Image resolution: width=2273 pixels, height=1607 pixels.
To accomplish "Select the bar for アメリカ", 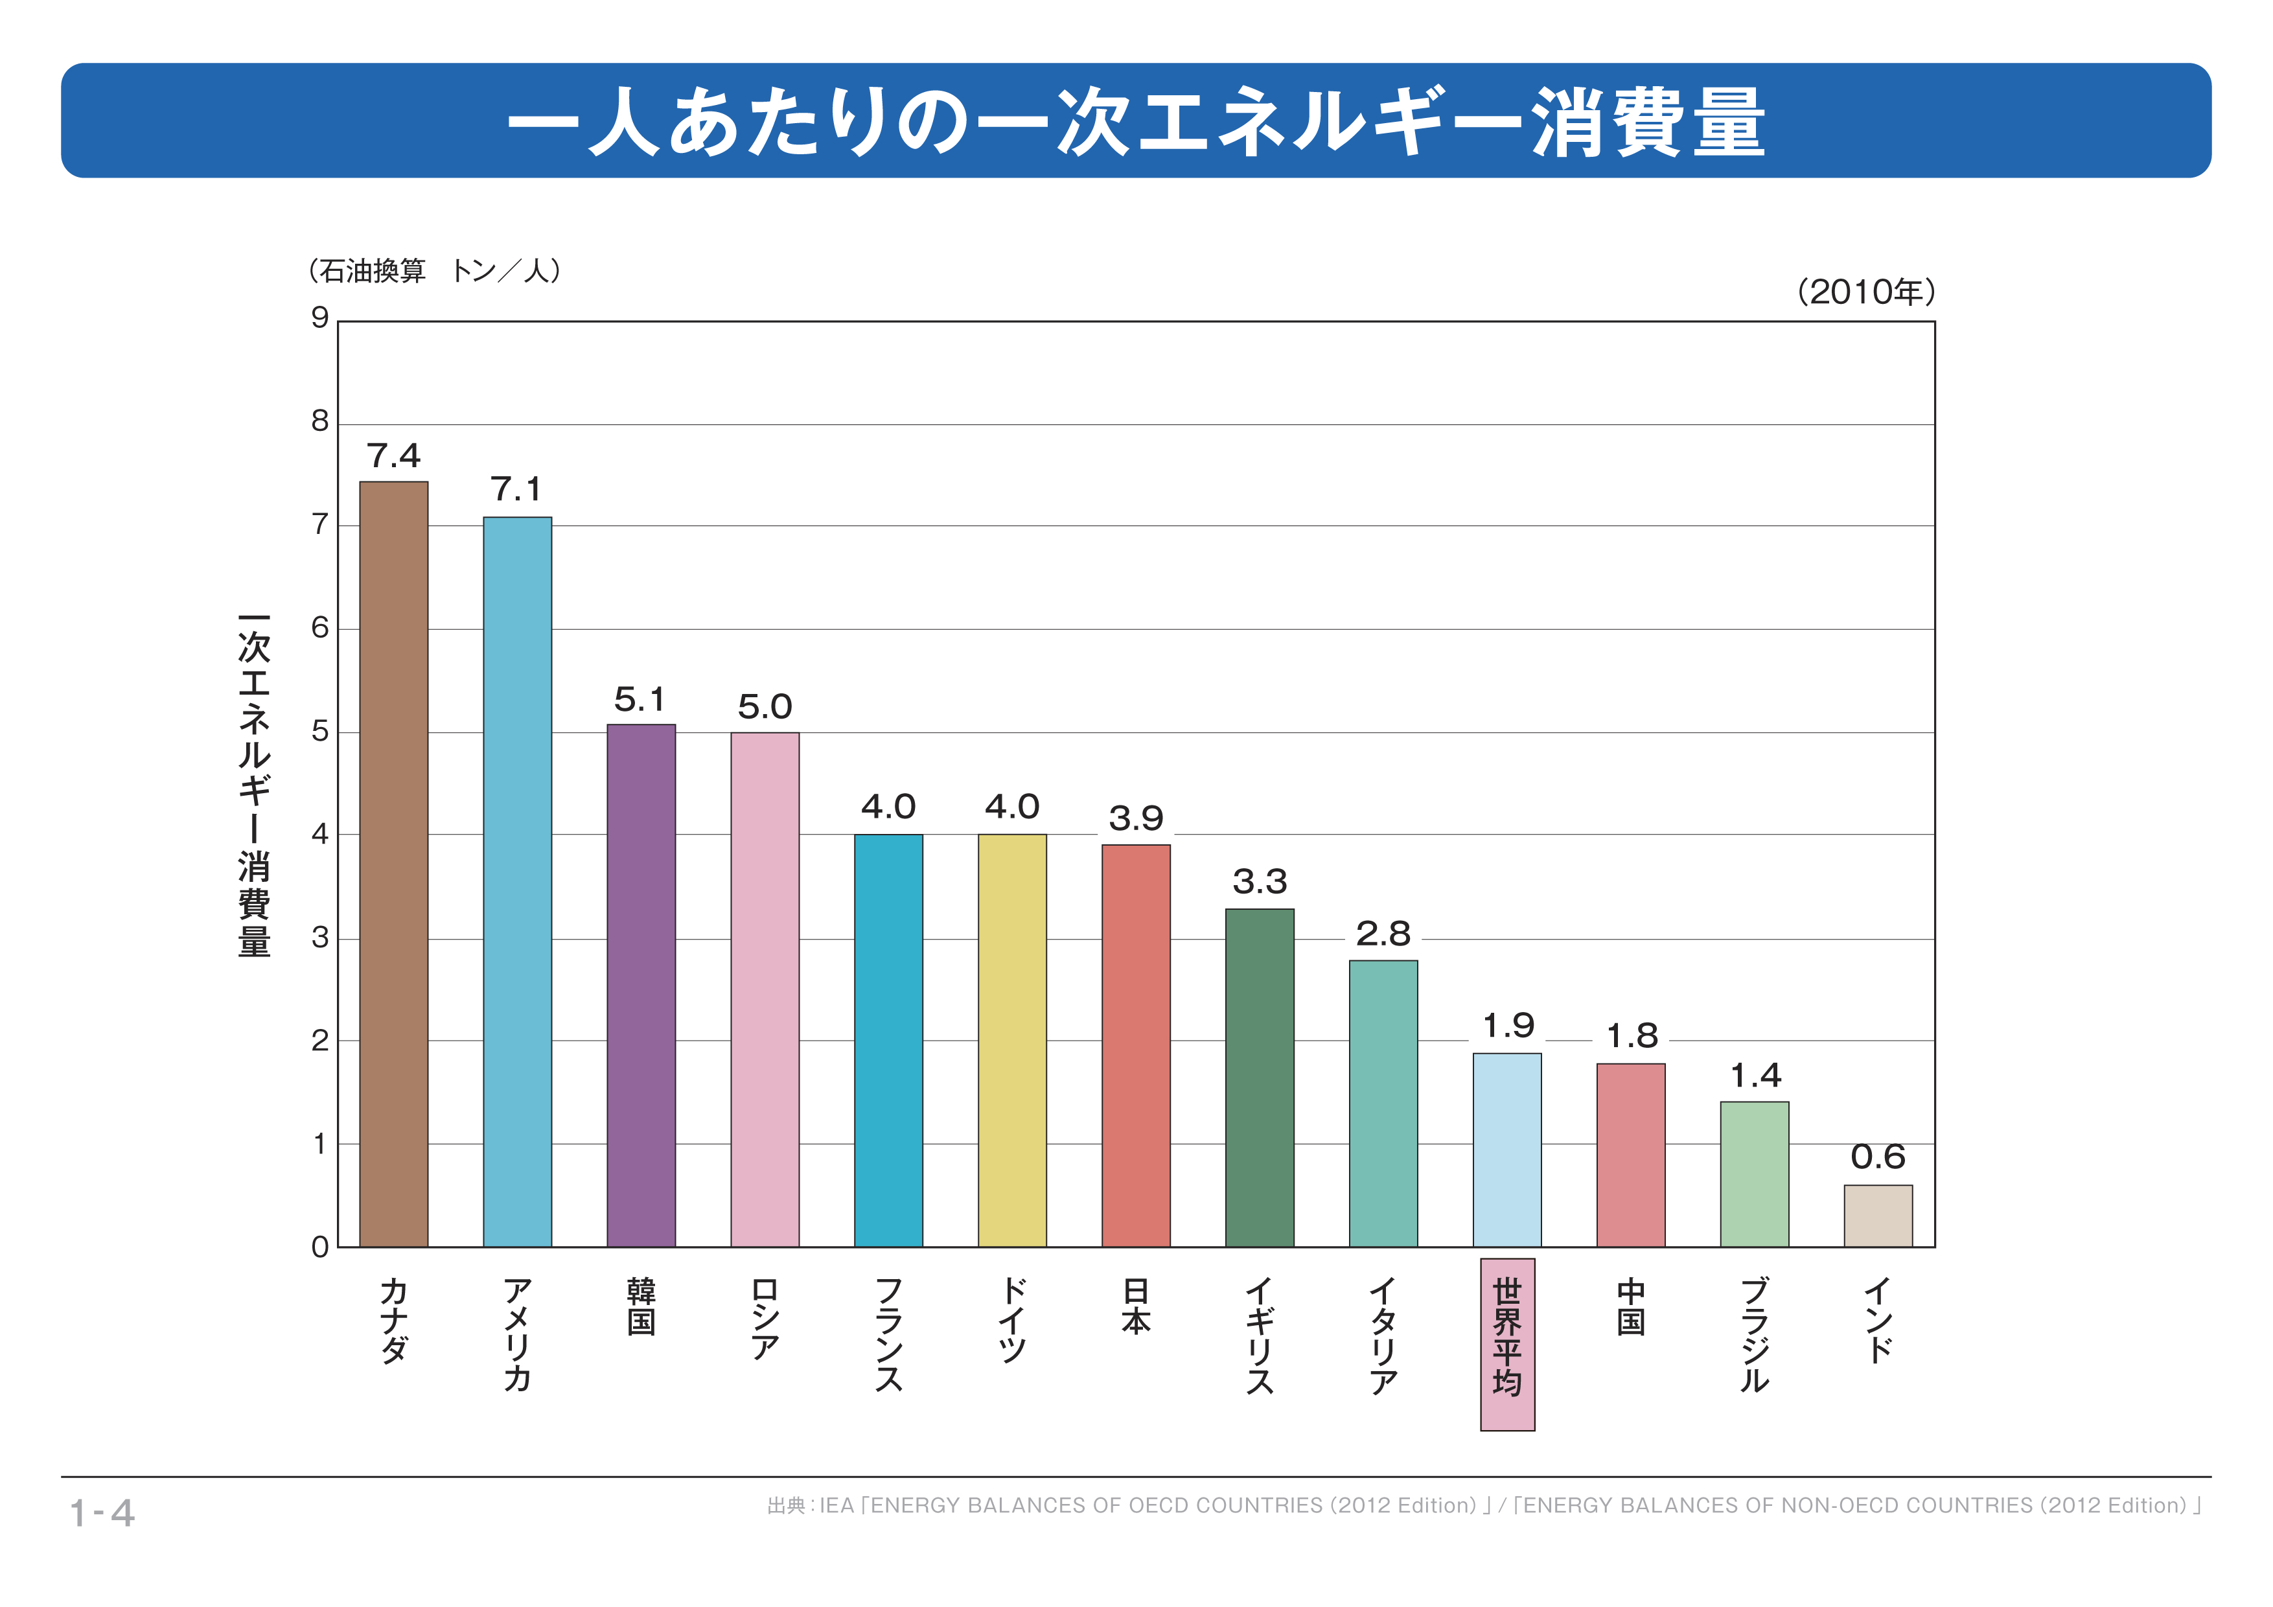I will click(x=517, y=881).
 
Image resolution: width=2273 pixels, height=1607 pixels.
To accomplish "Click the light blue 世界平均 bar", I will click(x=1506, y=1150).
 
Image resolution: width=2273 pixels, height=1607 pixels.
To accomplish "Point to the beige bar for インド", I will click(x=1878, y=1215).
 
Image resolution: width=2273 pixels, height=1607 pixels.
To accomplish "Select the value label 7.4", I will click(x=393, y=456).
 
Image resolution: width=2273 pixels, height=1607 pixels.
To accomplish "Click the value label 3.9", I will click(x=1135, y=818).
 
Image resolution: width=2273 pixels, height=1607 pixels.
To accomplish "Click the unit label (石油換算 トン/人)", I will click(x=435, y=270).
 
